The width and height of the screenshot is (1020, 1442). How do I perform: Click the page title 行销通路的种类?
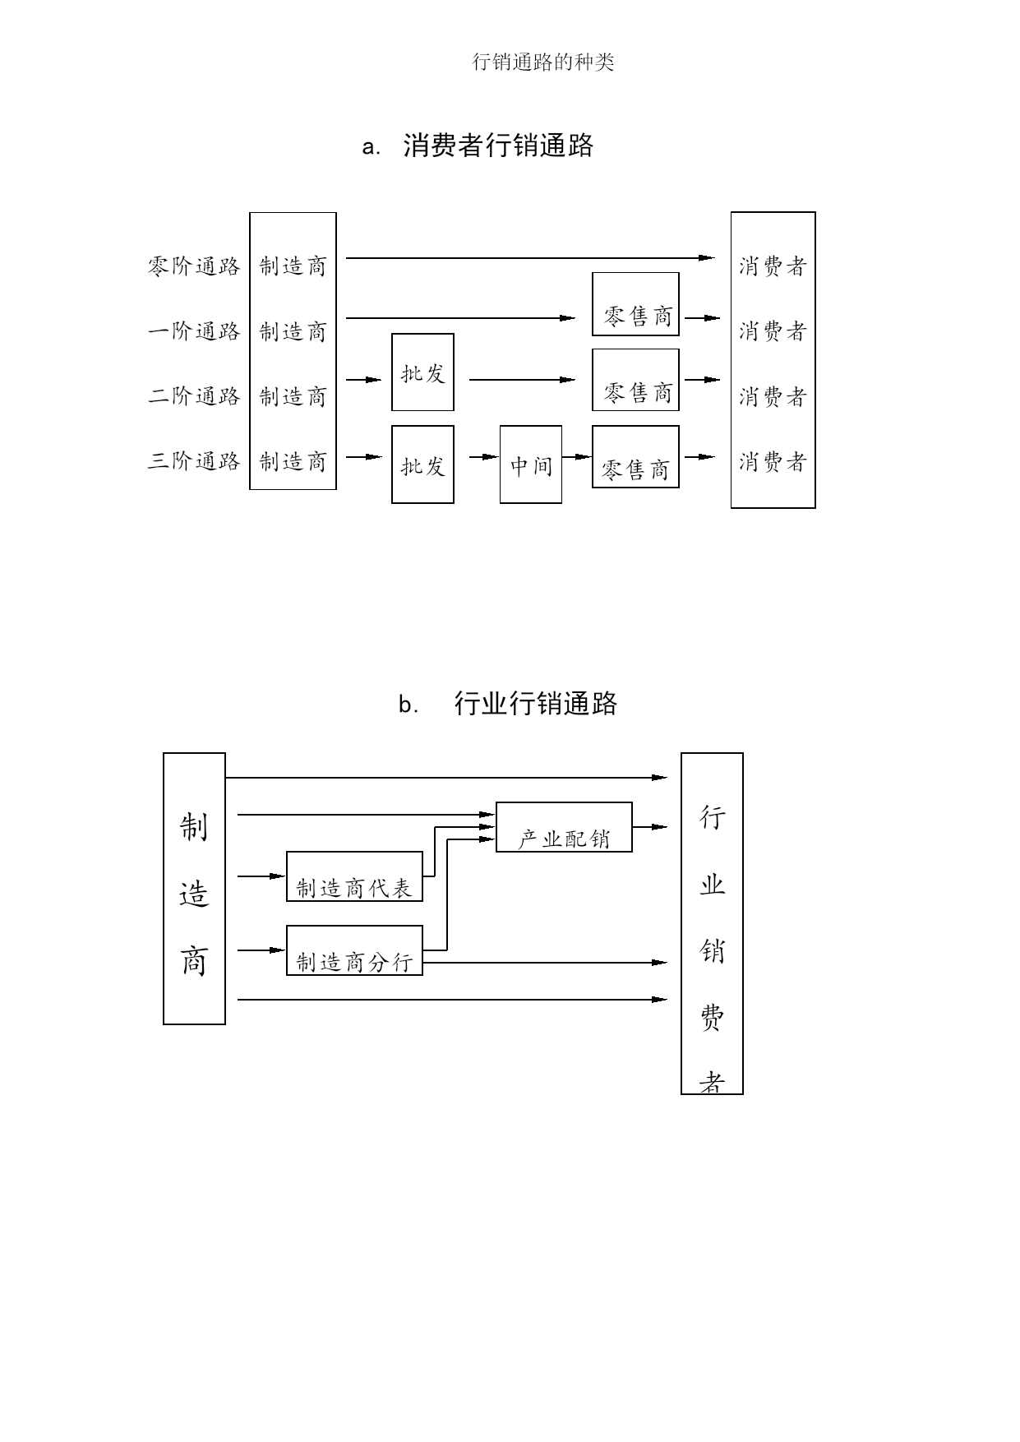tap(543, 62)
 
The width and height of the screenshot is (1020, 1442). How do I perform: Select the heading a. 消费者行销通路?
tap(478, 146)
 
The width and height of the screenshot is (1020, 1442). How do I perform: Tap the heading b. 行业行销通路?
tap(508, 704)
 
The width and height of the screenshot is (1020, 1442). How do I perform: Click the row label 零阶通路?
tap(194, 266)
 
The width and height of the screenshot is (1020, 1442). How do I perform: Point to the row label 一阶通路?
tap(194, 331)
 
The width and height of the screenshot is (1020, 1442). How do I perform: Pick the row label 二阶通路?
tap(194, 396)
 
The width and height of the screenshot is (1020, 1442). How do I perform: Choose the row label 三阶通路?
tap(194, 461)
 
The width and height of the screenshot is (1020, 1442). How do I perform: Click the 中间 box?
tap(531, 464)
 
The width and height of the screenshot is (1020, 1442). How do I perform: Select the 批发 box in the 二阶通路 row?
tap(422, 372)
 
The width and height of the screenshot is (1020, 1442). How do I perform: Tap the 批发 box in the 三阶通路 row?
tap(422, 464)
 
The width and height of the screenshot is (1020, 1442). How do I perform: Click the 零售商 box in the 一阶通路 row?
tap(635, 304)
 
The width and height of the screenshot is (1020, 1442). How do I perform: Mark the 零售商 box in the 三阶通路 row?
tap(635, 456)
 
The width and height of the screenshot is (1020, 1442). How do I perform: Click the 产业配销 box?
tap(564, 827)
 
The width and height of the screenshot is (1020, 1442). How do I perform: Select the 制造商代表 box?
tap(354, 876)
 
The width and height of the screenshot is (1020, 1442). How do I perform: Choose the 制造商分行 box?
tap(354, 950)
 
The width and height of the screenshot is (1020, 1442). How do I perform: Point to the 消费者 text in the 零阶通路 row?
tap(773, 266)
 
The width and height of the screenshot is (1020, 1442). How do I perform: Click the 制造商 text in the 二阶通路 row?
tap(293, 396)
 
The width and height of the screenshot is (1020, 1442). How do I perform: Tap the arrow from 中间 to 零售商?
tap(577, 457)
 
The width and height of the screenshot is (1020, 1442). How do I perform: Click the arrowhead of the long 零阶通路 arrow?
tap(707, 258)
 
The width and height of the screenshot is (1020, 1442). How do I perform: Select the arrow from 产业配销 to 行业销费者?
tap(650, 827)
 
